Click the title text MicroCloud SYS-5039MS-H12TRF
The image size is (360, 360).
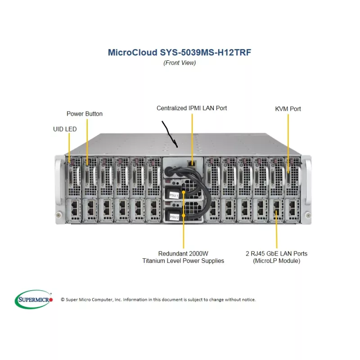pyautogui.click(x=180, y=52)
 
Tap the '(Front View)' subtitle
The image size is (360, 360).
pyautogui.click(x=180, y=63)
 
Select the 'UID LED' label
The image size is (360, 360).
pyautogui.click(x=65, y=129)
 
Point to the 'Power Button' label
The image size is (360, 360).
pyautogui.click(x=85, y=114)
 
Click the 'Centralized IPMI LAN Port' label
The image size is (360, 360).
pyautogui.click(x=192, y=108)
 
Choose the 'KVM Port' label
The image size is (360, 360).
pyautogui.click(x=288, y=109)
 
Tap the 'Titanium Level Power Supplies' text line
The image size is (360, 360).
pyautogui.click(x=183, y=261)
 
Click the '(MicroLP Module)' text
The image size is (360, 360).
pyautogui.click(x=276, y=261)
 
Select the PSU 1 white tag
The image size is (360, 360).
pyautogui.click(x=174, y=196)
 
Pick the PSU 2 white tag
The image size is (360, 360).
pyautogui.click(x=174, y=217)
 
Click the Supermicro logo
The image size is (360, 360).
pyautogui.click(x=34, y=299)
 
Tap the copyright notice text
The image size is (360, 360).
pyautogui.click(x=158, y=300)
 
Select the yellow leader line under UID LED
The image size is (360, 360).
pyautogui.click(x=69, y=146)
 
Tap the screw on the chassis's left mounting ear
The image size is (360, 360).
pyautogui.click(x=59, y=214)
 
